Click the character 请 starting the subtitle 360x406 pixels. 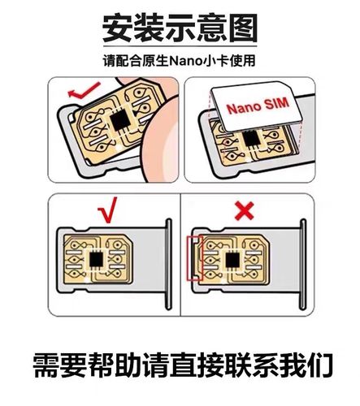pyautogui.click(x=109, y=61)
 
